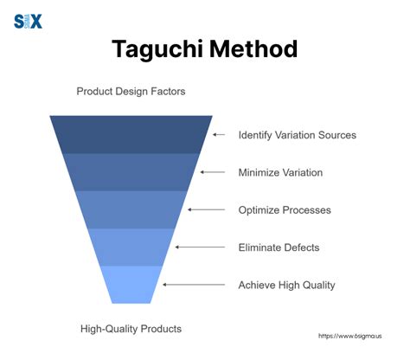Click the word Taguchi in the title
coord(157,48)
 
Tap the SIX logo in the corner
coord(28,22)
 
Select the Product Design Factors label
coord(131,91)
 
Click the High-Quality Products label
coord(131,328)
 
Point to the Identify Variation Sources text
coord(297,135)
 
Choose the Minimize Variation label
coord(280,172)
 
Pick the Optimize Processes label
coord(284,210)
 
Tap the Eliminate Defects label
coord(279,247)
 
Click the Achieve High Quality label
coord(286,285)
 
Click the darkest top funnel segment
coord(131,134)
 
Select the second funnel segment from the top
coord(131,171)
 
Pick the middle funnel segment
coord(131,209)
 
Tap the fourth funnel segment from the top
coord(131,247)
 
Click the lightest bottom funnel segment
coord(131,284)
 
